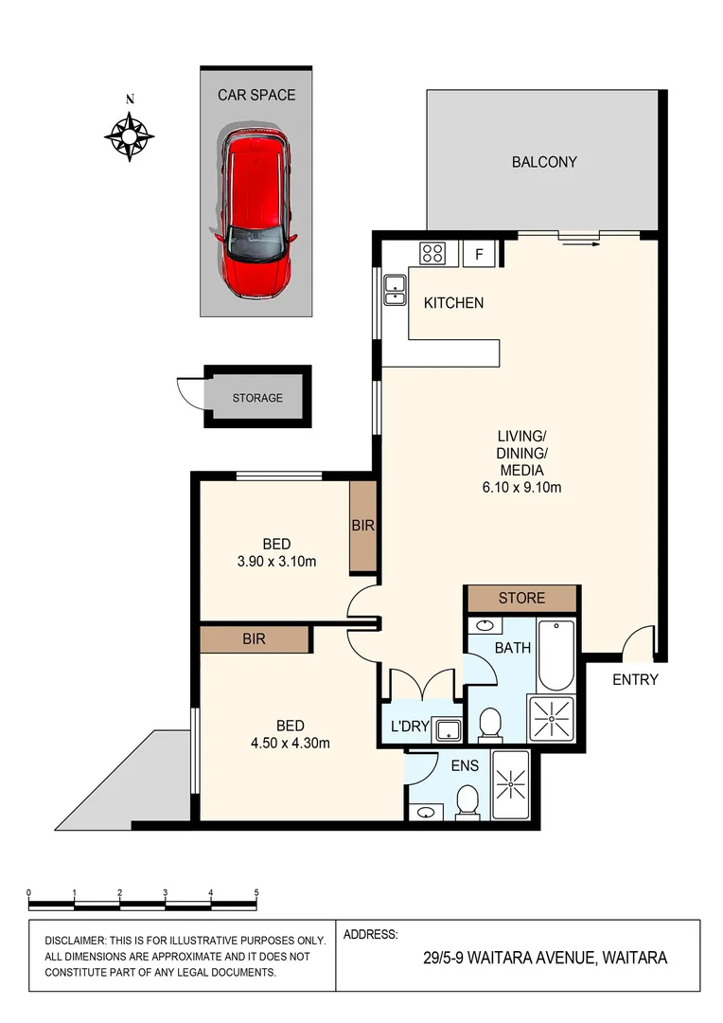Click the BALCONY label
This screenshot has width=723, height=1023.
[543, 162]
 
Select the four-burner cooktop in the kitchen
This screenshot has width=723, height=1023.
[433, 253]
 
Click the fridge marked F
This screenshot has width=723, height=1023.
[479, 254]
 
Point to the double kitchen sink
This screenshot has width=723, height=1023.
[394, 288]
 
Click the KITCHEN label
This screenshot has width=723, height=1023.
[453, 303]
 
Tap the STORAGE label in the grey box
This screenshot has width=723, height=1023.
[257, 398]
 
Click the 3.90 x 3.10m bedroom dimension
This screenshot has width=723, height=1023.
[275, 561]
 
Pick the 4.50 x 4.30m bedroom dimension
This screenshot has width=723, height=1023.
[290, 743]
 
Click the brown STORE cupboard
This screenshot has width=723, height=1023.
[521, 598]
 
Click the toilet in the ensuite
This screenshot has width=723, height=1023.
[467, 803]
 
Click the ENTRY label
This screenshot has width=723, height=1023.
[635, 679]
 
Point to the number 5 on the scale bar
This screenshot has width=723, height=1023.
[256, 893]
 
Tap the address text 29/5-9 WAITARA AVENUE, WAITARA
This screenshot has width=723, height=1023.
[545, 958]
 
